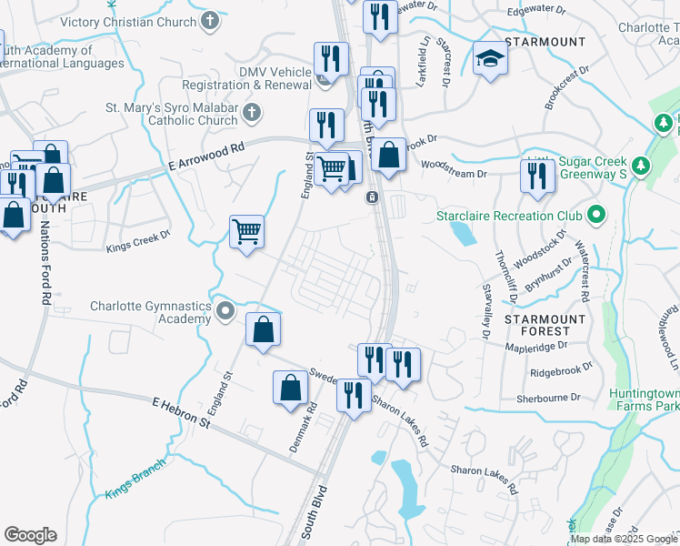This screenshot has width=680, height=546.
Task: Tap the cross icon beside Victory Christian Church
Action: [x=209, y=20]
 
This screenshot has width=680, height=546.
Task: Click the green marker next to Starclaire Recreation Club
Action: [x=596, y=216]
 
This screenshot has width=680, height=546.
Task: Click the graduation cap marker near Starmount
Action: [x=491, y=60]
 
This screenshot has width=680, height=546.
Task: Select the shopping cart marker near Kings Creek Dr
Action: [x=246, y=231]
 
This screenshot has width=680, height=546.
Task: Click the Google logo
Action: [x=30, y=535]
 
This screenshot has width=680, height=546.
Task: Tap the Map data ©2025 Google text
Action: [x=624, y=539]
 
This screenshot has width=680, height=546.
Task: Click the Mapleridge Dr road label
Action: [x=536, y=346]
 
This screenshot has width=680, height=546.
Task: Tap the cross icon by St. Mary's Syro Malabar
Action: [x=252, y=113]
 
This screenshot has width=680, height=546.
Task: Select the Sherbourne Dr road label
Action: [x=548, y=397]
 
